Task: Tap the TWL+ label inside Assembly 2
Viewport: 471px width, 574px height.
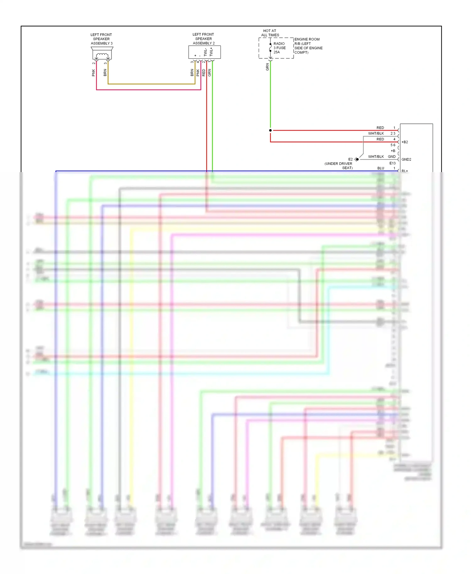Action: pyautogui.click(x=211, y=52)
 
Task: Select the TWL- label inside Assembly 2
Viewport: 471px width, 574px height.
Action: pyautogui.click(x=205, y=52)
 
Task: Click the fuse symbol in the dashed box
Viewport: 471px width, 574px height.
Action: pyautogui.click(x=270, y=48)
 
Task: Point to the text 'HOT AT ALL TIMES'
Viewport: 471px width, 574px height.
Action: pyautogui.click(x=270, y=33)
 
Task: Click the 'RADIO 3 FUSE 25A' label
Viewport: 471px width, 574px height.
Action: pyautogui.click(x=279, y=48)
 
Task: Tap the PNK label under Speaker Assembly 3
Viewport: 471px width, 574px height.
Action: pyautogui.click(x=93, y=73)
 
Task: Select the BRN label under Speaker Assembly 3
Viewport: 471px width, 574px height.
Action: pyautogui.click(x=105, y=73)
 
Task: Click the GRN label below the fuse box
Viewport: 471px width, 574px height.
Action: pyautogui.click(x=268, y=67)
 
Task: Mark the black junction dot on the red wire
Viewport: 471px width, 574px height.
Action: pyautogui.click(x=270, y=130)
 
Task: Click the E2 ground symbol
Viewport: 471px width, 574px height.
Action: pyautogui.click(x=356, y=159)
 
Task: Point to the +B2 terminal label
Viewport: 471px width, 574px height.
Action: pyautogui.click(x=405, y=142)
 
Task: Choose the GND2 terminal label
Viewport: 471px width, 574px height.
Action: pyautogui.click(x=406, y=160)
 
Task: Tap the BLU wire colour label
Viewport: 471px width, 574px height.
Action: pyautogui.click(x=381, y=168)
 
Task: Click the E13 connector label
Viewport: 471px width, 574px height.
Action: pyautogui.click(x=392, y=163)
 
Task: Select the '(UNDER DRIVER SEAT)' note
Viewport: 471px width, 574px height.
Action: pyautogui.click(x=338, y=166)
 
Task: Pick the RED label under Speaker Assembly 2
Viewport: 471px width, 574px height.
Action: pyautogui.click(x=203, y=73)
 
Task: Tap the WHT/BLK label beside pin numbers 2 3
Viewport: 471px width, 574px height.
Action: pyautogui.click(x=376, y=133)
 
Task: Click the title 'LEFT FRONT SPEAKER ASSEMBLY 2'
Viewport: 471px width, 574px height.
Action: pyautogui.click(x=203, y=39)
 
